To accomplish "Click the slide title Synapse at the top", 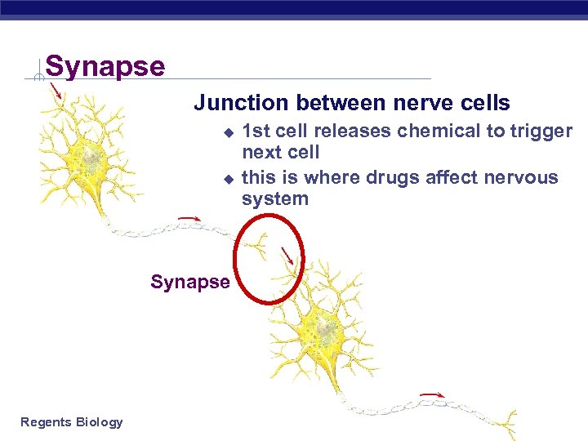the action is click(x=105, y=66).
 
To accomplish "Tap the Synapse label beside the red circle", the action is click(x=190, y=283).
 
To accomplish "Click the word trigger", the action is click(x=541, y=131).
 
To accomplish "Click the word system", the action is click(x=275, y=198).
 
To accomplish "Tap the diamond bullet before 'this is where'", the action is click(x=229, y=178).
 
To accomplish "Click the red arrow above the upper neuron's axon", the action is click(x=189, y=219).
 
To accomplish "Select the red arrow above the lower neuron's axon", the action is click(x=432, y=395).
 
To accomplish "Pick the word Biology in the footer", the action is click(x=99, y=422).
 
